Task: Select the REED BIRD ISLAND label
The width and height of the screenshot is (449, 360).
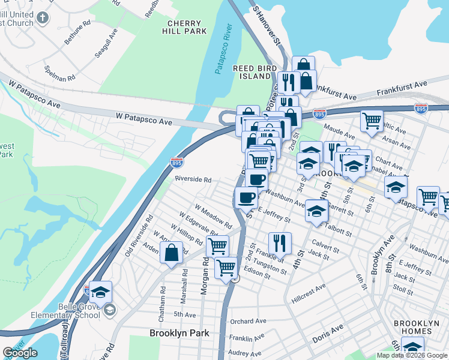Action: coord(252,73)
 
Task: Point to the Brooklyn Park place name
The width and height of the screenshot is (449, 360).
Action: coord(179,333)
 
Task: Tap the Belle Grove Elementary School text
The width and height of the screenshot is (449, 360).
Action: coord(74,311)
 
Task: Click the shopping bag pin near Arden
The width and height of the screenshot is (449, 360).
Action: coord(172,253)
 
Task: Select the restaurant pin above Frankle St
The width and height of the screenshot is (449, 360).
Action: coord(280,243)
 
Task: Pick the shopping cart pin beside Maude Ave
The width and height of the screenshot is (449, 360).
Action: coord(372,121)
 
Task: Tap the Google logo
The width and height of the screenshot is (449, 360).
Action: coord(20,353)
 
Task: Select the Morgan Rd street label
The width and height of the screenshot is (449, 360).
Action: coord(205,277)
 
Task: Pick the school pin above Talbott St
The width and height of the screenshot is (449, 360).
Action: coord(316,211)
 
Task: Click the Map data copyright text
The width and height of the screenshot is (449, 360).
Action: coord(412,355)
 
